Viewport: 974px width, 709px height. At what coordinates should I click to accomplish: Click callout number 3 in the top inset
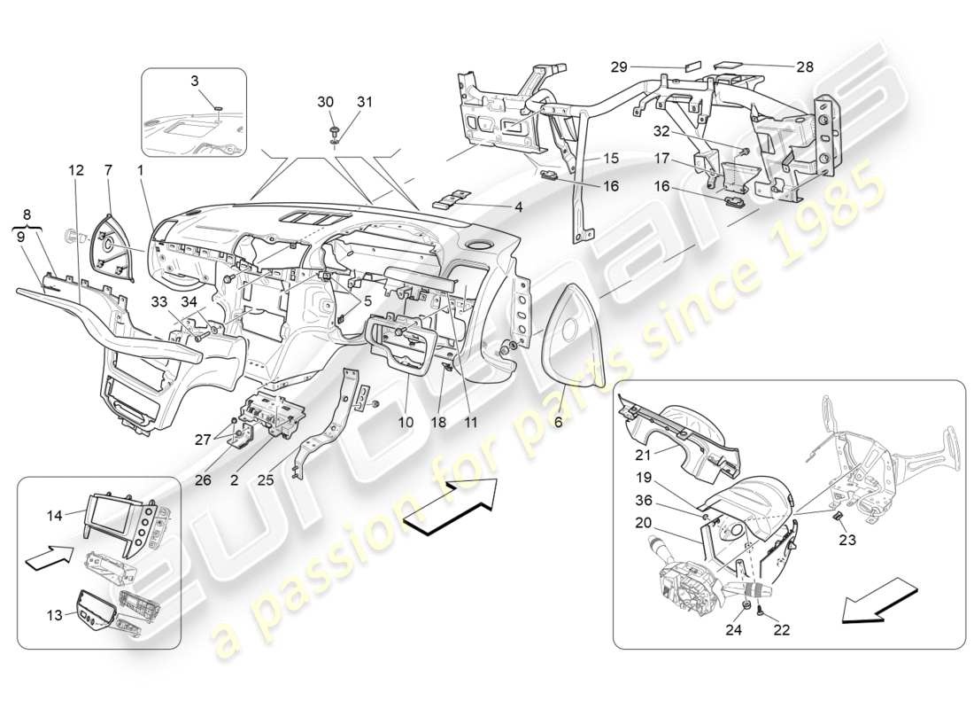pos(196,82)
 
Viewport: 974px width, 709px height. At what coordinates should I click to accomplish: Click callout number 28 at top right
pos(805,66)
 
